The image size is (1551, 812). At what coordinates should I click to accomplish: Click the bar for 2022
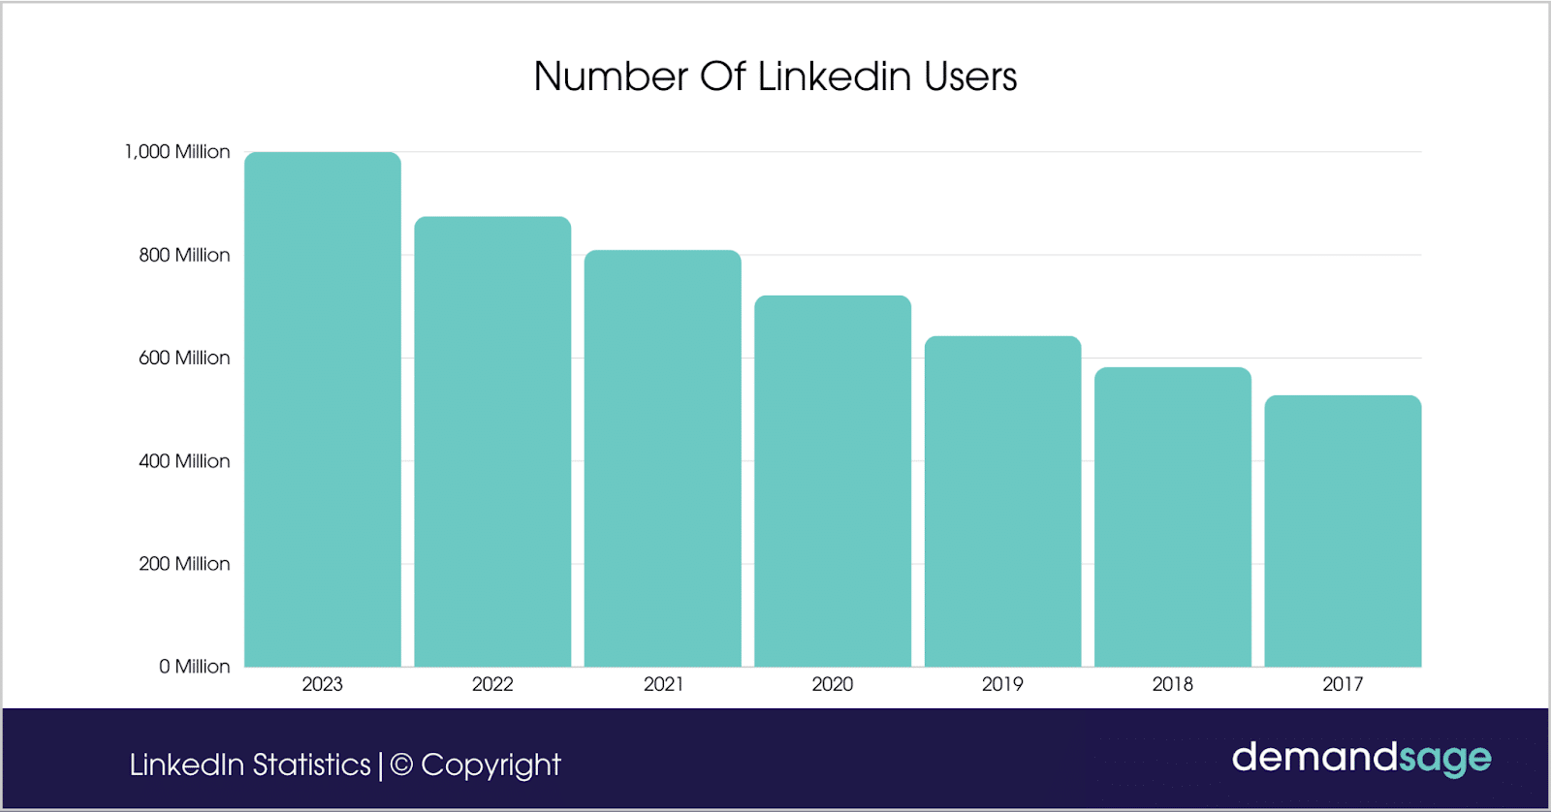pyautogui.click(x=492, y=441)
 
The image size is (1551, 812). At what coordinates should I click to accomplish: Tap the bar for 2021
pyautogui.click(x=663, y=458)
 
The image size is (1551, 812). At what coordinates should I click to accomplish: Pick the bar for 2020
pyautogui.click(x=833, y=481)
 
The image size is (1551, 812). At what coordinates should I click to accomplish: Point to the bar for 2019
pyautogui.click(x=1002, y=501)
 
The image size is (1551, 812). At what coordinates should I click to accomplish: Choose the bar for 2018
pyautogui.click(x=1173, y=516)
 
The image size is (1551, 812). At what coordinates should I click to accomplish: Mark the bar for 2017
pyautogui.click(x=1343, y=531)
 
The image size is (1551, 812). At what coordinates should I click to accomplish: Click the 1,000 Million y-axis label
pyautogui.click(x=177, y=152)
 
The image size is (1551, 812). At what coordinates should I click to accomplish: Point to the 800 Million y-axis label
pyautogui.click(x=184, y=255)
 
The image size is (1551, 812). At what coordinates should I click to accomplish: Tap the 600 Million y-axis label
pyautogui.click(x=184, y=358)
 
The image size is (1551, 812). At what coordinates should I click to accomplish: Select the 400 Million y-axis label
pyautogui.click(x=184, y=461)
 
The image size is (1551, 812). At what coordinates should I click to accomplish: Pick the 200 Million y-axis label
pyautogui.click(x=184, y=564)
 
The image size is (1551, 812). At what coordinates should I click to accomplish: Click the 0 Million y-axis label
pyautogui.click(x=194, y=667)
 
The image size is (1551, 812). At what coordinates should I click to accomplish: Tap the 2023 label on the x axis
pyautogui.click(x=323, y=684)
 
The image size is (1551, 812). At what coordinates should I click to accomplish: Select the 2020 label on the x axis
pyautogui.click(x=833, y=684)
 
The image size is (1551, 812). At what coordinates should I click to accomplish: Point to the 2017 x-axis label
pyautogui.click(x=1343, y=684)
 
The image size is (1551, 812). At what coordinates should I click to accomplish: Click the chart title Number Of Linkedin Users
pyautogui.click(x=775, y=77)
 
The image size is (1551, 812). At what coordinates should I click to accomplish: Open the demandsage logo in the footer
pyautogui.click(x=1361, y=758)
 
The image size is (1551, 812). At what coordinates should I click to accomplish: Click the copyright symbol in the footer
pyautogui.click(x=401, y=765)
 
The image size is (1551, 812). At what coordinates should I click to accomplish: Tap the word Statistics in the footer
pyautogui.click(x=311, y=765)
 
